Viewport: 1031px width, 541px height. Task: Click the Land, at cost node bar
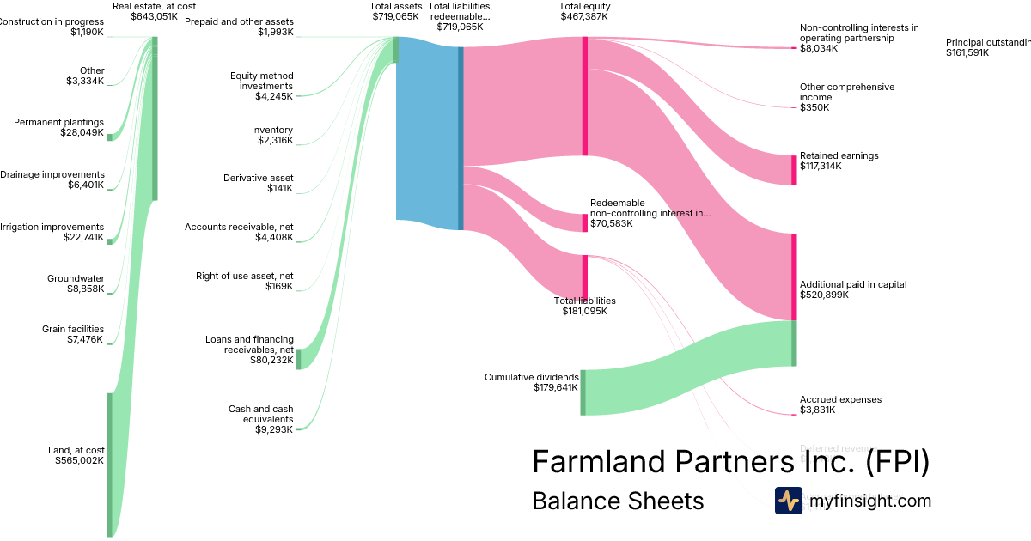[x=109, y=464]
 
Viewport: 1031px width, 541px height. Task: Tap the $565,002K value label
[x=79, y=460]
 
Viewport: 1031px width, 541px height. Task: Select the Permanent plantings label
[x=58, y=122]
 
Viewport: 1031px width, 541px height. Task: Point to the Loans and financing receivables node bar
[x=298, y=359]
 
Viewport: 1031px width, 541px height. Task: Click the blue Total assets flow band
[x=427, y=133]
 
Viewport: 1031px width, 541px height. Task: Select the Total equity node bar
[x=584, y=96]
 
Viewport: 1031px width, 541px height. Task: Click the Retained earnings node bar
[x=794, y=170]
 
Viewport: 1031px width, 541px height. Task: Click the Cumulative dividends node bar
[x=583, y=392]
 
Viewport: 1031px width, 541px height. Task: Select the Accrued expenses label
[x=840, y=399]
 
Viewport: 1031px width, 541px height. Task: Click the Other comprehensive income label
[x=835, y=92]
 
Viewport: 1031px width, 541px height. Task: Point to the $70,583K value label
[x=611, y=223]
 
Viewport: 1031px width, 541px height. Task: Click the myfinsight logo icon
[x=788, y=501]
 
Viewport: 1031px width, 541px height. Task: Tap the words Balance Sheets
[x=618, y=501]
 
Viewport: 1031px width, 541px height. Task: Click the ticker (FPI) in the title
[x=896, y=461]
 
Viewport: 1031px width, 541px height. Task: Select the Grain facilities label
[x=73, y=329]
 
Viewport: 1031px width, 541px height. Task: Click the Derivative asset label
[x=259, y=178]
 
